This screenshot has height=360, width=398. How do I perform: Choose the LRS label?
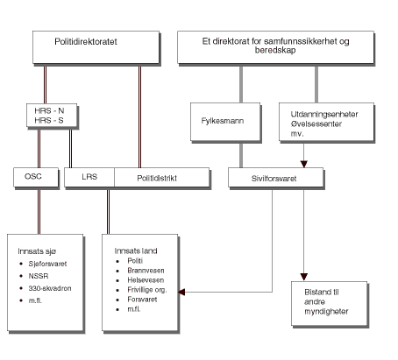pyautogui.click(x=89, y=178)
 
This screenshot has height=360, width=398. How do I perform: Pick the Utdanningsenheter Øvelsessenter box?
pyautogui.click(x=322, y=117)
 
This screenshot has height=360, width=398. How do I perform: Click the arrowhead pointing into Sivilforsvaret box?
pyautogui.click(x=304, y=164)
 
